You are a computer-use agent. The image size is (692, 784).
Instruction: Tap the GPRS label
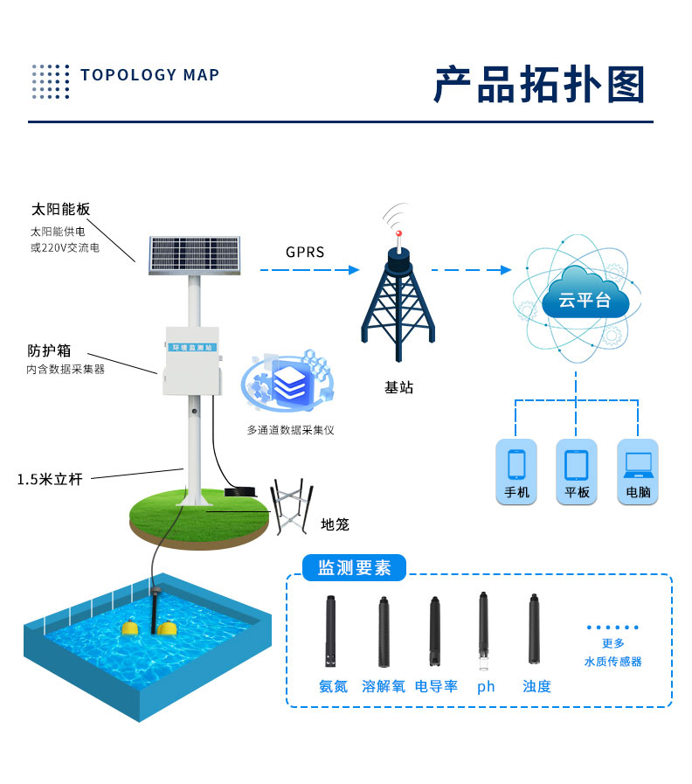click(305, 253)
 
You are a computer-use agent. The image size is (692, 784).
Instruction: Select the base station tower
click(398, 302)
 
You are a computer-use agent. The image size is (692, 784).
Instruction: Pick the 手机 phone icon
click(517, 471)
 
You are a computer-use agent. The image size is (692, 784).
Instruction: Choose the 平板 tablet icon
click(578, 471)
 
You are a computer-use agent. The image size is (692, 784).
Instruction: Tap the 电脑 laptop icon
click(638, 471)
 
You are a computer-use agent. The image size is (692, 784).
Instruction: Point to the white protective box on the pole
click(191, 361)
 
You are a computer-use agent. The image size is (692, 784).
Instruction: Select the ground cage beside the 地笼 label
click(291, 508)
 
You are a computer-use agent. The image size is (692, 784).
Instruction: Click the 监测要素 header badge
click(354, 568)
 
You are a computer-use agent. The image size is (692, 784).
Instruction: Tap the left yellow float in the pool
click(130, 628)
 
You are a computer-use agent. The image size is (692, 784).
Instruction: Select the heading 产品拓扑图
click(540, 85)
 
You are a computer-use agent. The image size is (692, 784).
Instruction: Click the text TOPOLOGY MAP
click(149, 75)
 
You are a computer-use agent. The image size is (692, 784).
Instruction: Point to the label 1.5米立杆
click(50, 479)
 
